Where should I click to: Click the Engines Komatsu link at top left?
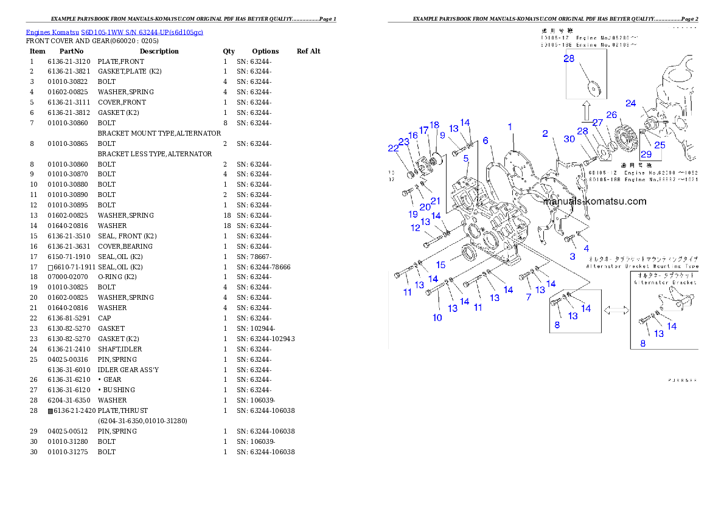point(114,32)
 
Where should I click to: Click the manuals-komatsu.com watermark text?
point(594,202)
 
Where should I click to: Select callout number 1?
point(510,127)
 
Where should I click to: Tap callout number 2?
point(545,134)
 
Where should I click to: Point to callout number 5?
point(466,159)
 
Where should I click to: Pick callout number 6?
point(486,140)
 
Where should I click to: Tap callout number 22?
point(393,148)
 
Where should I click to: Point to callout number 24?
point(631,103)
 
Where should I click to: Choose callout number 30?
point(569,139)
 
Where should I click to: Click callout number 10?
point(437,317)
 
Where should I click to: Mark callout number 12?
point(416,228)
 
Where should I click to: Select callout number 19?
point(413,214)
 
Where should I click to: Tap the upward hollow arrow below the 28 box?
point(586,112)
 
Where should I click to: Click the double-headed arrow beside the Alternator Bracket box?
point(616,310)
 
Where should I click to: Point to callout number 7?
point(528,297)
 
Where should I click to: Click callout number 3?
point(572,257)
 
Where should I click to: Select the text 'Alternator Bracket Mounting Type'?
point(642,266)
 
